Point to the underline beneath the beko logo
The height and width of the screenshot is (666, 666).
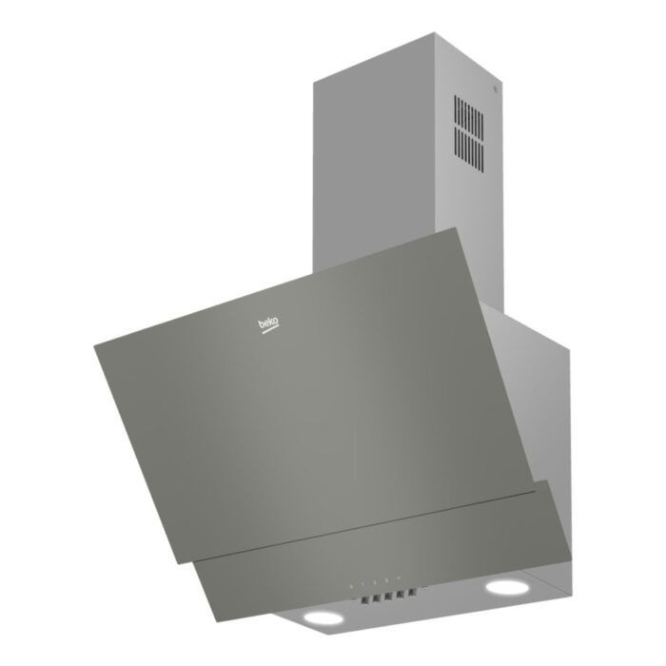270,332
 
